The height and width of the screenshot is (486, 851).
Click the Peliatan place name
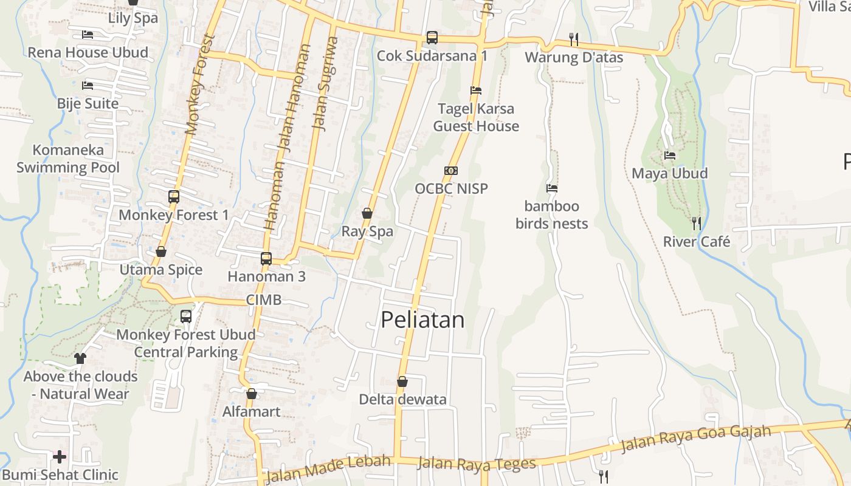pyautogui.click(x=422, y=320)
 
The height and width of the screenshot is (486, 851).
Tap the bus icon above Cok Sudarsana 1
pyautogui.click(x=432, y=38)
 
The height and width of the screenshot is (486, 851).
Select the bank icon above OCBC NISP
pyautogui.click(x=451, y=171)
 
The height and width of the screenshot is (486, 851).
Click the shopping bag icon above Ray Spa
pyautogui.click(x=367, y=213)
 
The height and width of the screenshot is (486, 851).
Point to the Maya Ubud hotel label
pyautogui.click(x=669, y=173)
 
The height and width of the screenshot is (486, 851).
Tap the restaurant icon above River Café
pyautogui.click(x=697, y=223)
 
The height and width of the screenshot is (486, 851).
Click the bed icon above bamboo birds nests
pyautogui.click(x=552, y=188)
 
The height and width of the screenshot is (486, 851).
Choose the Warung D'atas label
pyautogui.click(x=574, y=58)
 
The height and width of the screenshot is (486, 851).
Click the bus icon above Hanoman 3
pyautogui.click(x=266, y=258)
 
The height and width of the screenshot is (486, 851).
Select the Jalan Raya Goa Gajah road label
pyautogui.click(x=695, y=439)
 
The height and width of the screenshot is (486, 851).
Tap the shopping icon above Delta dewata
pyautogui.click(x=402, y=382)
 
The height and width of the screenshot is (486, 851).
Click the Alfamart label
pyautogui.click(x=252, y=412)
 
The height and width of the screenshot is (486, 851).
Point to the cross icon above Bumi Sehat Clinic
pyautogui.click(x=60, y=456)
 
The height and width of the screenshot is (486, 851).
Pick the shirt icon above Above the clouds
pyautogui.click(x=80, y=358)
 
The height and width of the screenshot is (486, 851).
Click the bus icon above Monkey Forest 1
pyautogui.click(x=174, y=197)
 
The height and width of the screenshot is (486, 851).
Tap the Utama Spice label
pyautogui.click(x=161, y=270)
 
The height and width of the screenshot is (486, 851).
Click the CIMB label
pyautogui.click(x=264, y=299)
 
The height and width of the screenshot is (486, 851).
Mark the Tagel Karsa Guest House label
pyautogui.click(x=476, y=117)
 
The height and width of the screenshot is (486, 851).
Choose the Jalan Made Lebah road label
pyautogui.click(x=328, y=468)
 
